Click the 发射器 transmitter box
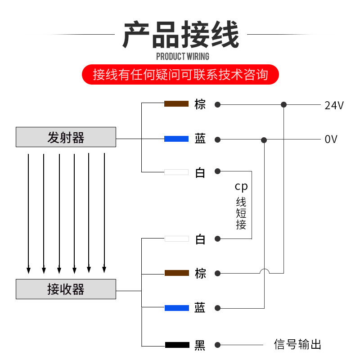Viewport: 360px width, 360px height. pos(66,137)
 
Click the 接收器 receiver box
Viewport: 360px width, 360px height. pos(66,289)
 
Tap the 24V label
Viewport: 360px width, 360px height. pos(334,106)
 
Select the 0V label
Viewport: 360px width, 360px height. pos(331,139)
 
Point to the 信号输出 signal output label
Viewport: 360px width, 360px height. pos(297,345)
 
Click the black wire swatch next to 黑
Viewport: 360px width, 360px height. pos(176,345)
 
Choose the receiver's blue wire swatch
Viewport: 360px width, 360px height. pos(176,308)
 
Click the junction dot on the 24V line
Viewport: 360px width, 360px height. pos(283,104)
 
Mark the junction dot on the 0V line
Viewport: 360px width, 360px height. pos(264,140)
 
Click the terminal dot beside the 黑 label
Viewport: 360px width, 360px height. pos(218,345)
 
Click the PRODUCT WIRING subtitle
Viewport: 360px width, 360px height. pos(182,56)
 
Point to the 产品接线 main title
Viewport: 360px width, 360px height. pos(180,35)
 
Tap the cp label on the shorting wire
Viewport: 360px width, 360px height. pos(241,186)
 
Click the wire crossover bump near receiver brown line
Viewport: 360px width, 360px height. pos(264,271)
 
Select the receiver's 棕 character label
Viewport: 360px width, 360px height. pos(200,273)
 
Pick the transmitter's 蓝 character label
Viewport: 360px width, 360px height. pos(200,139)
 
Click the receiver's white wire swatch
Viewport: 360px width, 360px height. pos(176,238)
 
